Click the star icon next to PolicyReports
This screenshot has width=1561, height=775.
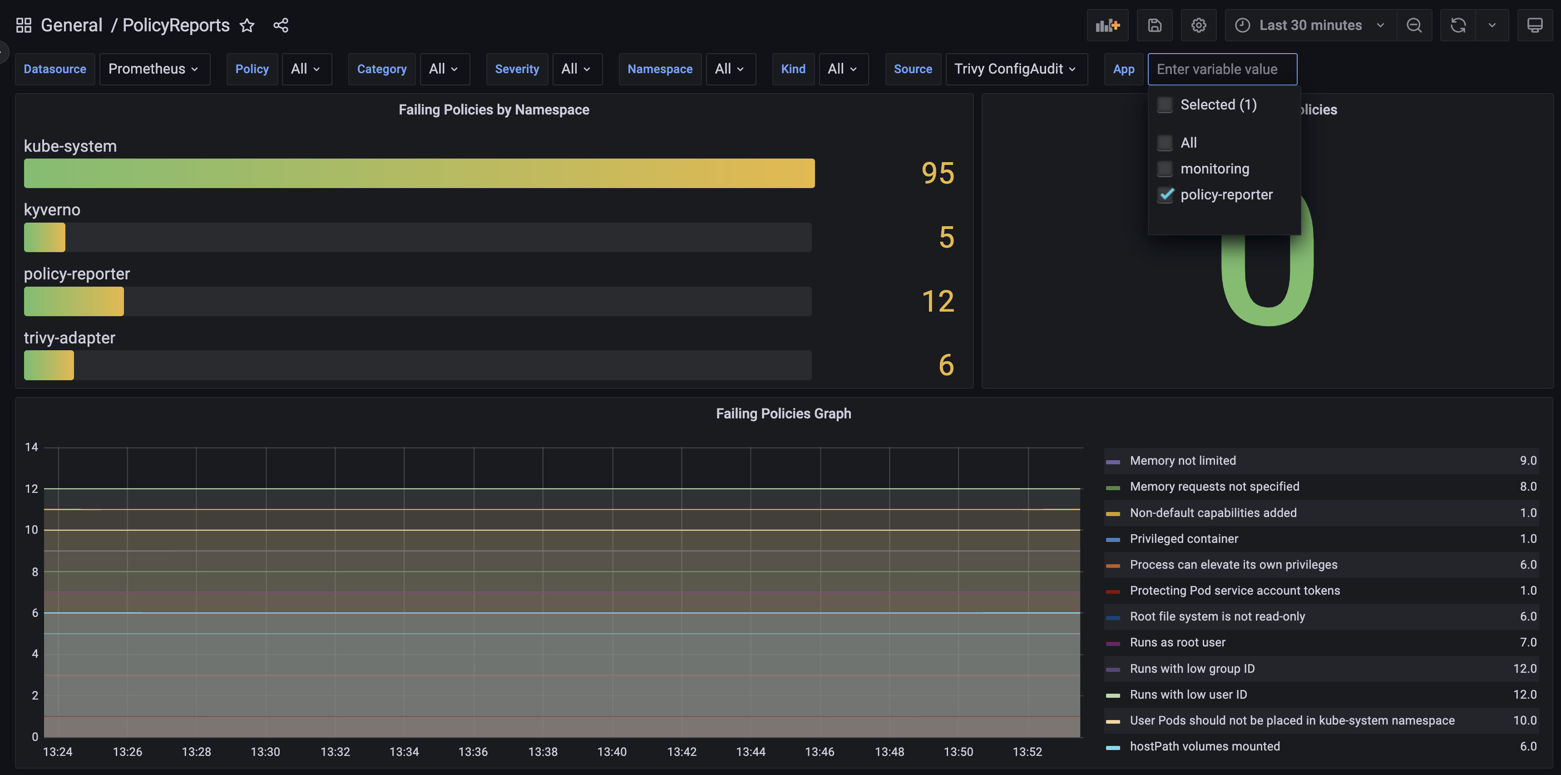[247, 25]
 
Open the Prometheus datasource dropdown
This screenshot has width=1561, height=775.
[154, 69]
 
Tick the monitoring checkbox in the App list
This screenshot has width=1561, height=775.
[1164, 169]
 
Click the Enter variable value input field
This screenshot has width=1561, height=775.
[1222, 69]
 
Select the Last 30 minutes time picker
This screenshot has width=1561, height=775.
[1309, 25]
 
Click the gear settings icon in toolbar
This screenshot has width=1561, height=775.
[1198, 25]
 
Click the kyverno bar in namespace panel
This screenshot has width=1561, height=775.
[45, 237]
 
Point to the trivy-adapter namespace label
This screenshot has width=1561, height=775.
[69, 338]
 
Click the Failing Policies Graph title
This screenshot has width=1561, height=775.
[783, 413]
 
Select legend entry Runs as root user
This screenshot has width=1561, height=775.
[1177, 642]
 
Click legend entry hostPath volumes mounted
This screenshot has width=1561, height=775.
[1204, 746]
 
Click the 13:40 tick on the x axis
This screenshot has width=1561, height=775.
[612, 752]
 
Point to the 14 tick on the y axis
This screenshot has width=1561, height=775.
[31, 447]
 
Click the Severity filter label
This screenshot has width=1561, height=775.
[516, 69]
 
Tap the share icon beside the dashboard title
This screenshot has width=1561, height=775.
[281, 25]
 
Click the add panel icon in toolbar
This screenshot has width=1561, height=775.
[1107, 25]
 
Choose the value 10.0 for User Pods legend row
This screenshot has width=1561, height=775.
[1524, 720]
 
